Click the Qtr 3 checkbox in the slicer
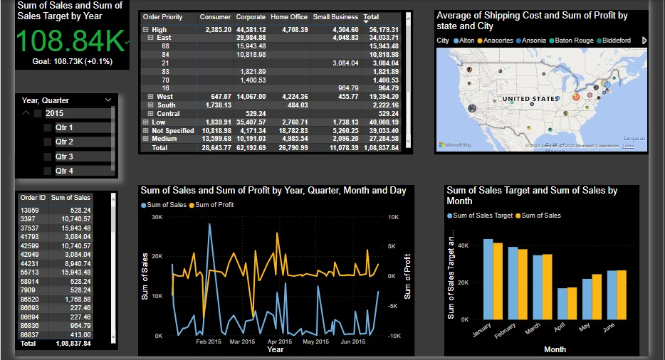[48, 157]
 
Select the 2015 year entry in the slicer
[54, 113]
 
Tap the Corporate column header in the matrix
[251, 17]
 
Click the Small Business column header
[335, 17]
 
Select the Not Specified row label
[172, 131]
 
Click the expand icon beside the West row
[150, 96]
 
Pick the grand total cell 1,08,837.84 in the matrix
[385, 147]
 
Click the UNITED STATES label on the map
[531, 99]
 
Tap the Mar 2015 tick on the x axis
[243, 342]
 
